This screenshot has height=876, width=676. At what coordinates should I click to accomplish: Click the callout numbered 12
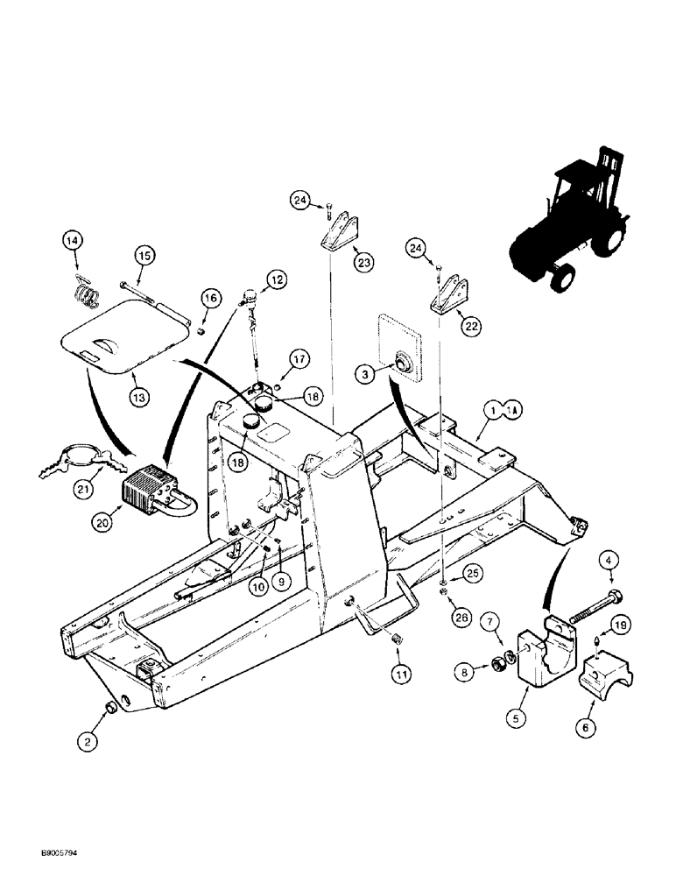276,280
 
